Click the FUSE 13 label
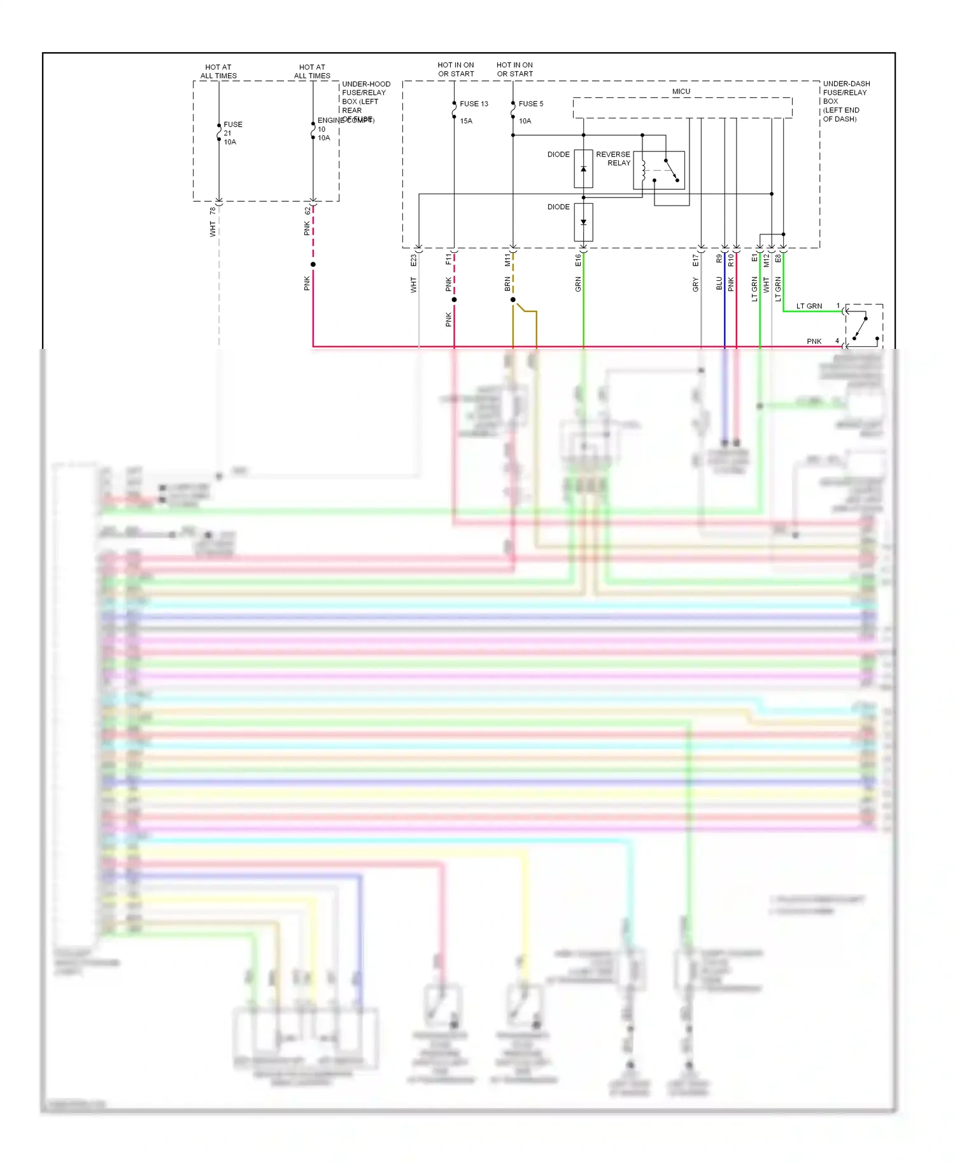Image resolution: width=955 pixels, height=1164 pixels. coord(474,104)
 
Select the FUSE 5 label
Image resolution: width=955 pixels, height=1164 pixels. coord(531,104)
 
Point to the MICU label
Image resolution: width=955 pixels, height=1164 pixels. coord(681,92)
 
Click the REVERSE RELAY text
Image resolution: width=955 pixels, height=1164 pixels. coord(613,159)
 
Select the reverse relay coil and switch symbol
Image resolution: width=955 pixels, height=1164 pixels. coord(659,170)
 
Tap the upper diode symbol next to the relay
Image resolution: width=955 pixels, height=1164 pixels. coord(583,169)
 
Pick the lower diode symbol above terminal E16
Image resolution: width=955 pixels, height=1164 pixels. coord(583,222)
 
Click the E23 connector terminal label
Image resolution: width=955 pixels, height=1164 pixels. coord(413,260)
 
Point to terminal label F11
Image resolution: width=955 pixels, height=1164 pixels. coord(448,260)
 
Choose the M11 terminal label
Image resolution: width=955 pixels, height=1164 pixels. coord(507,260)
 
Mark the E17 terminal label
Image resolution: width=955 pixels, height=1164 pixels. coord(695,260)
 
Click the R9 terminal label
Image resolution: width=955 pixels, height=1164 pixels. coord(719,259)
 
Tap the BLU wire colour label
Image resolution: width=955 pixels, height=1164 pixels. coord(719,283)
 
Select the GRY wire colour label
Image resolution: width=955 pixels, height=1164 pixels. coord(695,285)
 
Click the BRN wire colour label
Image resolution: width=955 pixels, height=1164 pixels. coord(507,284)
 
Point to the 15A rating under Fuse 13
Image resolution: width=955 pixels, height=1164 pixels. coord(466,121)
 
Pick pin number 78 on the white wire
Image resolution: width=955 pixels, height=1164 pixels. coord(213,211)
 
